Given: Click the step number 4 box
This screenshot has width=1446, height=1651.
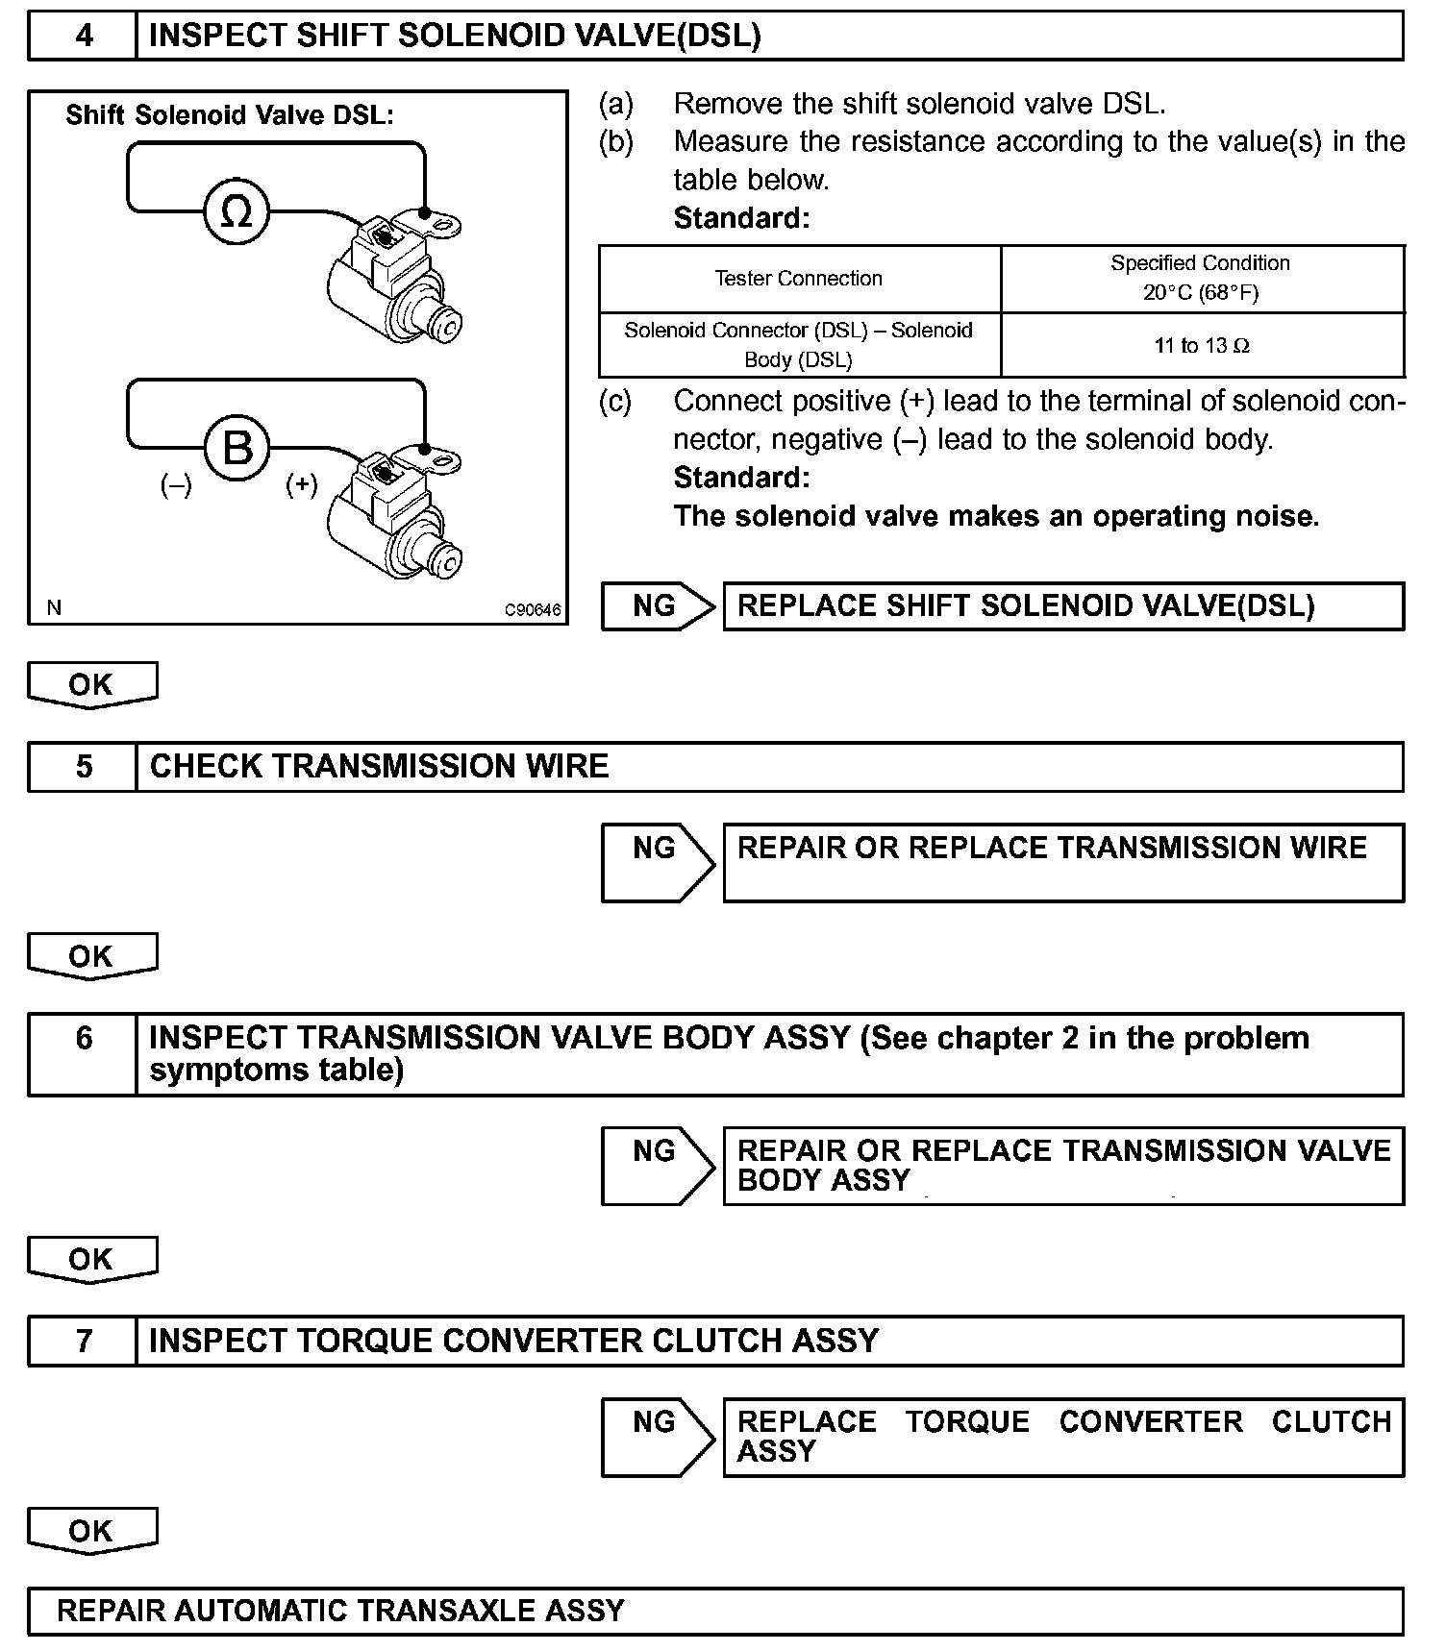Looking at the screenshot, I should tap(84, 37).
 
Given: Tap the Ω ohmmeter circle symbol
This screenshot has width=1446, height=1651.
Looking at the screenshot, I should tap(237, 210).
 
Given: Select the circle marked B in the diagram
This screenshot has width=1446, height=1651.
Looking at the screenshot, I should tap(237, 447).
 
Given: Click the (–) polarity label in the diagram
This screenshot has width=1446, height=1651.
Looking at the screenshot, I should tap(176, 485).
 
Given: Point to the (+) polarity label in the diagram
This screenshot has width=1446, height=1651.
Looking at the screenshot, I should tap(301, 485).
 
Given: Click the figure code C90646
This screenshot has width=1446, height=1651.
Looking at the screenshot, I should tap(533, 609).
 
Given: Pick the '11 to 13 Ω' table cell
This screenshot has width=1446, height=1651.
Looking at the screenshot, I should tap(1202, 346).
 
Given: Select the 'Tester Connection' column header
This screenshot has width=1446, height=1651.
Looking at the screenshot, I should tap(798, 279).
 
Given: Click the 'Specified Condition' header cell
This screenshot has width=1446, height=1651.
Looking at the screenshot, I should tap(1201, 278).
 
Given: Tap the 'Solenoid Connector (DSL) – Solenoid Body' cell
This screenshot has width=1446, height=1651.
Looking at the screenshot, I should tap(798, 345).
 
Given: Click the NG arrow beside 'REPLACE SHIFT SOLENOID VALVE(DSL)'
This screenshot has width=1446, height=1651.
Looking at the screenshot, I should tap(658, 606).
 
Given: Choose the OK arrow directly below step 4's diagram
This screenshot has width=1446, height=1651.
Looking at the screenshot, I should tap(92, 685).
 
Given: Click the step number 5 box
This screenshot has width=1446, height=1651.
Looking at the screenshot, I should tap(84, 767).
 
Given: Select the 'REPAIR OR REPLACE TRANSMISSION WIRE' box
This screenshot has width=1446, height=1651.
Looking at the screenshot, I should tap(1062, 862).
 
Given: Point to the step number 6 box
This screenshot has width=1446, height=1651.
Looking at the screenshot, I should tap(84, 1054).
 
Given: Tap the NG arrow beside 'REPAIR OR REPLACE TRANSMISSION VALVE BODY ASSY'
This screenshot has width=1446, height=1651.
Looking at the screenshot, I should tap(658, 1165).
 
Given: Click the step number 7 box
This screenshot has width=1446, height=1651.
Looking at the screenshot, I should tap(84, 1341).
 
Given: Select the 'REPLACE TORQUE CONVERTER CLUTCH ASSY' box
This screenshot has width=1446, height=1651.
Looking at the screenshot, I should tap(1062, 1437).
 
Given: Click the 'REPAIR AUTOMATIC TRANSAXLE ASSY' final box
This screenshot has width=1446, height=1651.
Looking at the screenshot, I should tap(715, 1611).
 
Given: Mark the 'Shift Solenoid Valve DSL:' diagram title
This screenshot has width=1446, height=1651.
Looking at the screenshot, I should tap(230, 115).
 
